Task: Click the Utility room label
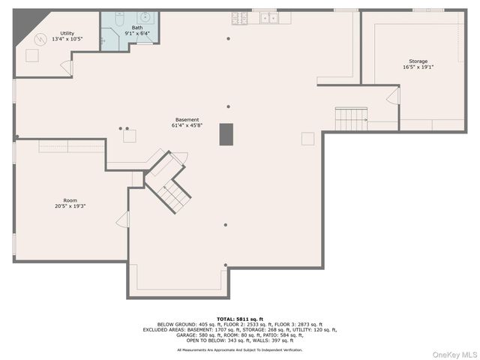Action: pyautogui.click(x=67, y=34)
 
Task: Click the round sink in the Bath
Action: pyautogui.click(x=143, y=19)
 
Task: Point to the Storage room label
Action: pyautogui.click(x=418, y=61)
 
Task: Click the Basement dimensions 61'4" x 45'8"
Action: pyautogui.click(x=187, y=125)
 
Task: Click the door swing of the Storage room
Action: pyautogui.click(x=393, y=96)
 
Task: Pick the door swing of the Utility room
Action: pyautogui.click(x=66, y=67)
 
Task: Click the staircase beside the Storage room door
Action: pyautogui.click(x=349, y=118)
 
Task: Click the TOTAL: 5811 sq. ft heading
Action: pyautogui.click(x=240, y=319)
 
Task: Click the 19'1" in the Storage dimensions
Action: pyautogui.click(x=427, y=67)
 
